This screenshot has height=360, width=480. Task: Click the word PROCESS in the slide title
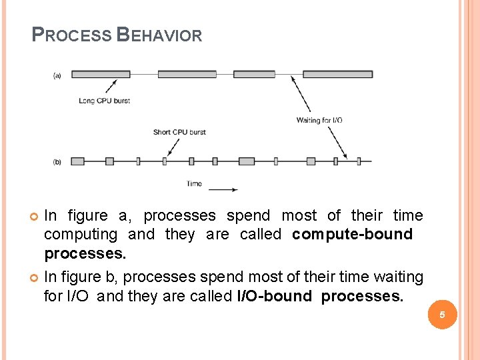[x=72, y=35]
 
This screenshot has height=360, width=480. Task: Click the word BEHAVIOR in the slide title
[x=159, y=35]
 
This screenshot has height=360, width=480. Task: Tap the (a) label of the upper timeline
[x=57, y=76]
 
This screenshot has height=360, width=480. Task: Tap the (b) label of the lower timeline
[x=57, y=162]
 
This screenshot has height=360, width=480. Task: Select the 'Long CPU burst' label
[x=104, y=101]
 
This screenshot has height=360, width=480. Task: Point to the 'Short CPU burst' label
[x=179, y=132]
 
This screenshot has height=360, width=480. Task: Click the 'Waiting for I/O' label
[x=319, y=120]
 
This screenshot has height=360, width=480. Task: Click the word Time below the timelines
[x=194, y=184]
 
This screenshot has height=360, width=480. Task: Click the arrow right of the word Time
[x=223, y=189]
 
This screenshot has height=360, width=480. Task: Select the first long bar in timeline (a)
[x=101, y=74]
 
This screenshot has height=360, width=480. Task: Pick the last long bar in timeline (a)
[x=337, y=74]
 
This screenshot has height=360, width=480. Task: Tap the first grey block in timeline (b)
[x=77, y=161]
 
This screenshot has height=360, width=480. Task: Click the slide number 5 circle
[x=441, y=315]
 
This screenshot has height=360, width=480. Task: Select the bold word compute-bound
[x=353, y=235]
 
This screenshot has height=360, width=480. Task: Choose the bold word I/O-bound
[x=275, y=296]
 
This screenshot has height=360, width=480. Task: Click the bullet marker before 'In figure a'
[x=35, y=216]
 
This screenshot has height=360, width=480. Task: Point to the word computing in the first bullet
[x=81, y=235]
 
